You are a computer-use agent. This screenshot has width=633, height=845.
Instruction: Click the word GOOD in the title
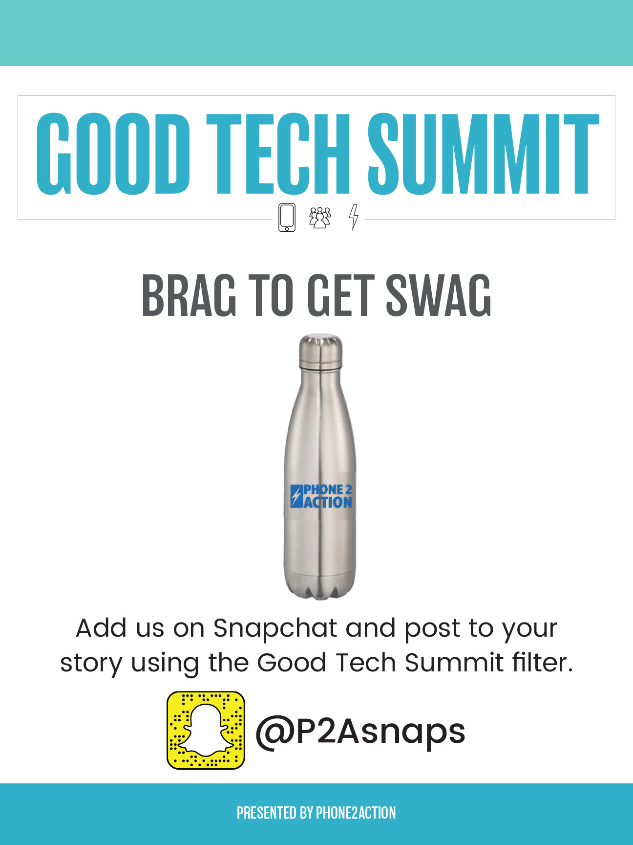(113, 154)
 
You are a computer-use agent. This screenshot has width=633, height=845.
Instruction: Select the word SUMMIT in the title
(483, 154)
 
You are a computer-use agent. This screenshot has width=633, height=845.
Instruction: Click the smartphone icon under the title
(287, 217)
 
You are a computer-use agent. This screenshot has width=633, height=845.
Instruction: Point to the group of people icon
(320, 218)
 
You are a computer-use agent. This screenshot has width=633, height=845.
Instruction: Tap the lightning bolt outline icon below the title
(354, 217)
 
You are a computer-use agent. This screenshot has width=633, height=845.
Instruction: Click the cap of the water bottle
(320, 351)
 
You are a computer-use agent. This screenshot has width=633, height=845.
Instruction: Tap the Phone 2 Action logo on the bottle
(321, 496)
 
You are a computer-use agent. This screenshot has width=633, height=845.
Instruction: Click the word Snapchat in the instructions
(275, 628)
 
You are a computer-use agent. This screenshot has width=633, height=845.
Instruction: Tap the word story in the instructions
(91, 664)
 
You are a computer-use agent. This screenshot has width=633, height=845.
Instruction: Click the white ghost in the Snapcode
(206, 730)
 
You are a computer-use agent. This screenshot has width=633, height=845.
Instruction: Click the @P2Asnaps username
(360, 732)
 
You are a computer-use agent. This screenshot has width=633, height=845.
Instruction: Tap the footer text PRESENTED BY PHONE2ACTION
(316, 813)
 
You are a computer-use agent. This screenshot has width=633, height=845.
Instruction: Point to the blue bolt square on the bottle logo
(296, 496)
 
